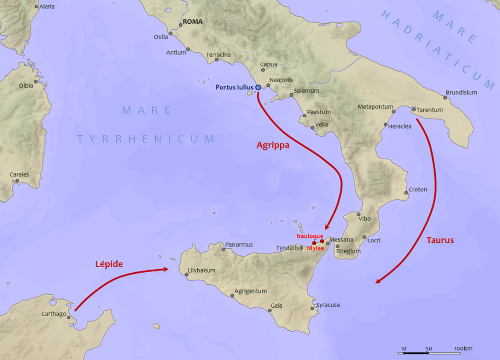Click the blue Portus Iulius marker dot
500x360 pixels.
point(258,87)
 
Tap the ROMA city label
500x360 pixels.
point(192,22)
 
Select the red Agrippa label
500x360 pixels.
point(273,145)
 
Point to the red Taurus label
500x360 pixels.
point(439,240)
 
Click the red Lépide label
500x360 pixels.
point(108,264)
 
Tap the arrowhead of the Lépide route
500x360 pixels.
point(167,269)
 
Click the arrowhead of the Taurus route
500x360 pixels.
point(377,281)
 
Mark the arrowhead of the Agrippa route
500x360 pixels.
point(327,227)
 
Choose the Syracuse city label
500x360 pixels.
point(328,305)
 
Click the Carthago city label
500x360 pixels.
point(54,314)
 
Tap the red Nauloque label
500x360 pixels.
point(310,236)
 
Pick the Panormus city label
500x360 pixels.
point(239,244)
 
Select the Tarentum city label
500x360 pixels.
point(430,110)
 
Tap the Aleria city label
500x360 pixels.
point(47,6)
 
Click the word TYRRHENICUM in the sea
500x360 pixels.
point(145,139)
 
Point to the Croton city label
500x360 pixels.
point(417,190)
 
